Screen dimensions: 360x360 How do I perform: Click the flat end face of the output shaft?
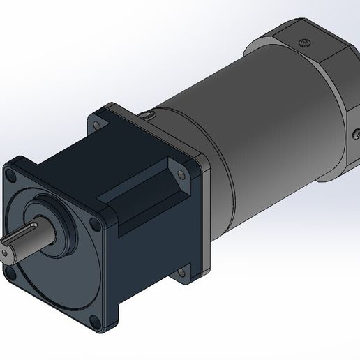(x=10, y=250)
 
